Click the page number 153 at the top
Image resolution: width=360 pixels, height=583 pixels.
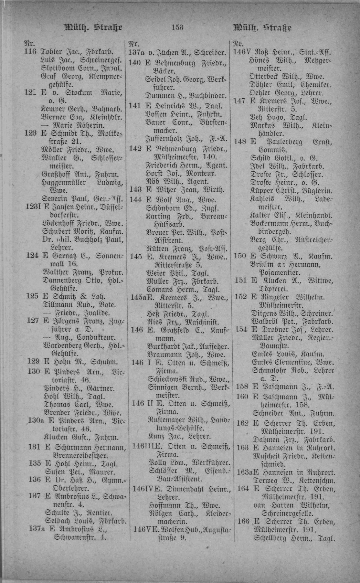pos(177,28)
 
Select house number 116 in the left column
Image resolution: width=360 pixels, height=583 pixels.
pos(30,52)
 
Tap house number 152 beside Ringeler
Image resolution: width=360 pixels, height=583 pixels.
pos(241,297)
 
